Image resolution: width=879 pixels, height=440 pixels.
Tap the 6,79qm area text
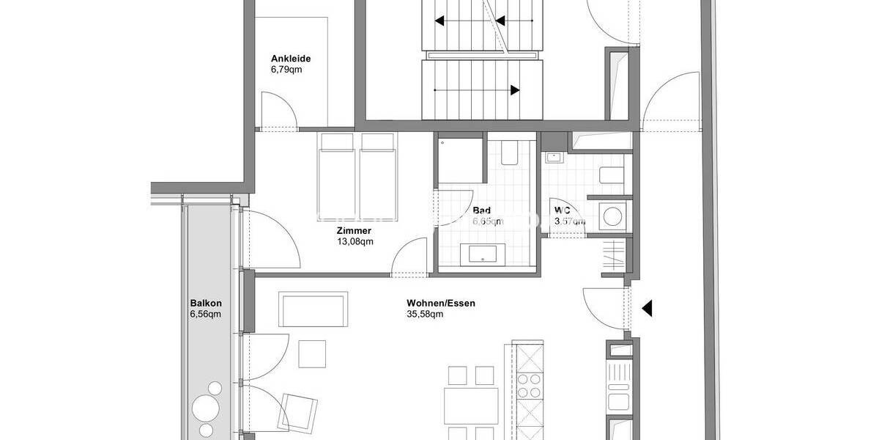click(286, 70)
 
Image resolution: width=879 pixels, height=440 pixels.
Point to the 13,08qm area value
click(355, 241)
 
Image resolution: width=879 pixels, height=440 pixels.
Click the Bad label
click(482, 210)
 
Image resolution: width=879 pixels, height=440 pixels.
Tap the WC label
click(563, 210)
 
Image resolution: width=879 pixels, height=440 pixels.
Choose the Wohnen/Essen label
click(436, 302)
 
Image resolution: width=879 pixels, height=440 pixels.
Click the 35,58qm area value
click(425, 314)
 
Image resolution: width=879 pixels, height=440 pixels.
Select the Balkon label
click(205, 302)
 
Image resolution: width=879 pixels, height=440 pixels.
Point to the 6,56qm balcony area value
click(205, 314)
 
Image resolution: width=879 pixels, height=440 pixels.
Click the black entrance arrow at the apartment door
click(646, 309)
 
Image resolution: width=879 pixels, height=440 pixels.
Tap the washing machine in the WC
click(612, 216)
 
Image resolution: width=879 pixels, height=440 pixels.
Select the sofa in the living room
click(314, 309)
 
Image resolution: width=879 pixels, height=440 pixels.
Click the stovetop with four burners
click(529, 385)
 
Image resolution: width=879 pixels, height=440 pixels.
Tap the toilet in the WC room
click(611, 175)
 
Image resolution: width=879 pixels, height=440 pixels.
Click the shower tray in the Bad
click(459, 161)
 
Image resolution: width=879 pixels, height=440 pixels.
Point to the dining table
click(470, 404)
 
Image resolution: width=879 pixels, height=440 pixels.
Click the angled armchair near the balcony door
click(299, 410)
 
